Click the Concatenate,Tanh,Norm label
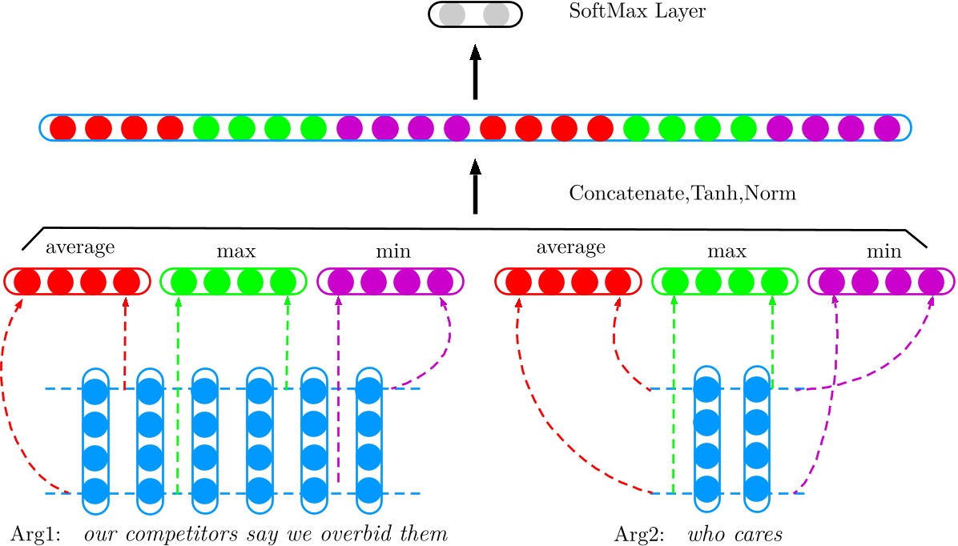tap(682, 194)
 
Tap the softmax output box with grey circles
tap(475, 14)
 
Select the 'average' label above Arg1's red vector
tap(80, 247)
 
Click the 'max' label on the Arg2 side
tap(727, 251)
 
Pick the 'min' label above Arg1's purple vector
tap(393, 251)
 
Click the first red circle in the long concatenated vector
tap(62, 128)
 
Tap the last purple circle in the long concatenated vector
tap(888, 128)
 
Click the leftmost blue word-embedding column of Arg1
tap(95, 440)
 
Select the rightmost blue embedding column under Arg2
tap(757, 440)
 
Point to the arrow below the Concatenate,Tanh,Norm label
tap(475, 186)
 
